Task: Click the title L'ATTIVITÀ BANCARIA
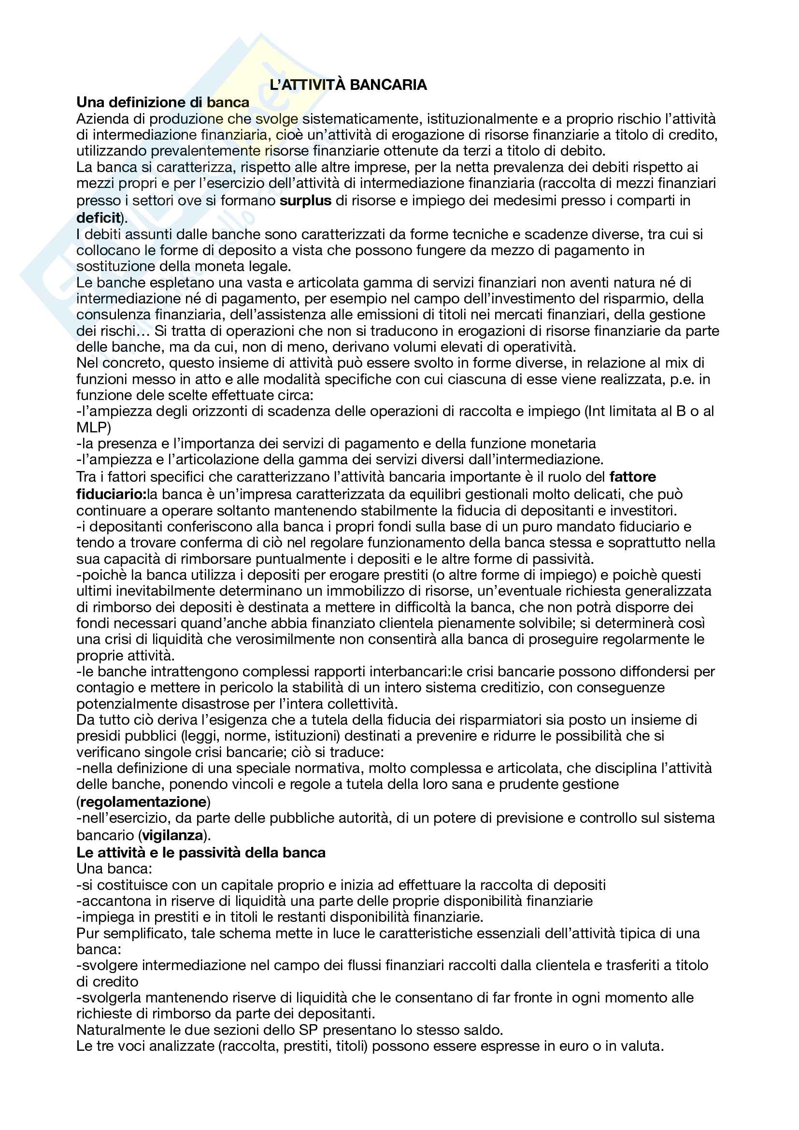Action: coord(348,85)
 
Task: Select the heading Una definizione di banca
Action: coord(163,102)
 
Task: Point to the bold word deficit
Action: coord(99,217)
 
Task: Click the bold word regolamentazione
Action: coord(143,802)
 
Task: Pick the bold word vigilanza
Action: coord(172,835)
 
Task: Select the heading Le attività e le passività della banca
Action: coord(201,852)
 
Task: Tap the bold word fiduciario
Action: coord(110,494)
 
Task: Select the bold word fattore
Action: coord(632,477)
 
